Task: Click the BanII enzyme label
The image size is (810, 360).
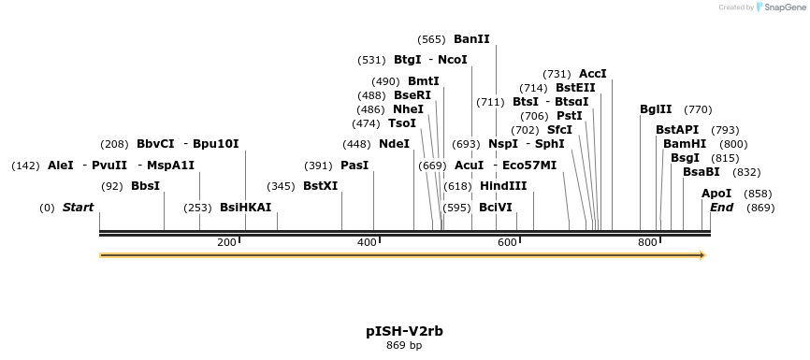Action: coord(471,39)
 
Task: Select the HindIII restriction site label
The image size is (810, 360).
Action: coord(503,186)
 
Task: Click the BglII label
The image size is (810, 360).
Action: coord(656,109)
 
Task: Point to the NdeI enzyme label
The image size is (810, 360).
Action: coord(394,144)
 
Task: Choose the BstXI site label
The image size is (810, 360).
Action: coord(320,186)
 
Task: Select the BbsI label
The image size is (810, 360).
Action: coord(145,186)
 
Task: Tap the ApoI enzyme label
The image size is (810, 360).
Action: coord(716,194)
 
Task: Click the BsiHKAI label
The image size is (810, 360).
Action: coord(245,208)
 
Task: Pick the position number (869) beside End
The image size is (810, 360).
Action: coord(760,208)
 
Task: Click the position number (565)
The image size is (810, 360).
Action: coord(431,39)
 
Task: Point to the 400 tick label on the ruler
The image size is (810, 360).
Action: coord(367,243)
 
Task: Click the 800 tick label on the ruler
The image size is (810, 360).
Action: coord(647,243)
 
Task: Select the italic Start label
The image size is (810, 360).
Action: coord(78,208)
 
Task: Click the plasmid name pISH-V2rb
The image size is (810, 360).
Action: coord(404,331)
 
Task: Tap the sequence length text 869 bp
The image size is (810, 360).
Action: coord(404,346)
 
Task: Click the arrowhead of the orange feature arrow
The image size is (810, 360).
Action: coord(701,255)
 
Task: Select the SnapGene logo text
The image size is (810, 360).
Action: coord(783,7)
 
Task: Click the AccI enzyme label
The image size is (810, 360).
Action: coord(593,74)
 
